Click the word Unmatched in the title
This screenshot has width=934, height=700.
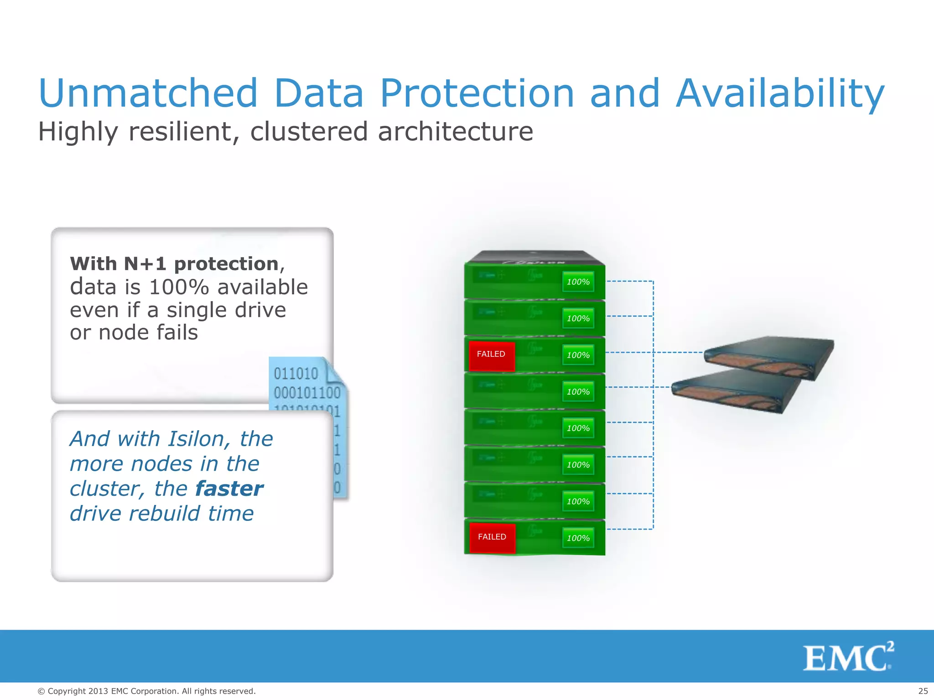pos(148,93)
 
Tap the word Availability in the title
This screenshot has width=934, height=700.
pos(780,93)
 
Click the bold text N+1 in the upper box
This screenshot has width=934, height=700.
pos(146,264)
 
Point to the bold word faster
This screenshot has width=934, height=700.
pos(229,489)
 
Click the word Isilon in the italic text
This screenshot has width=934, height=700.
pos(196,439)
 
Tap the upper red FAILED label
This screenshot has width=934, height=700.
pos(491,355)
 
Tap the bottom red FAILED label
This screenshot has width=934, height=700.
pos(492,537)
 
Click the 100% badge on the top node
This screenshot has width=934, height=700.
pos(578,282)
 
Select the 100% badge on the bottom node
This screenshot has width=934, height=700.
pos(578,538)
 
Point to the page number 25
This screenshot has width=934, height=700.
pos(923,691)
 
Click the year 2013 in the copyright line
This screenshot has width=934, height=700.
pos(98,691)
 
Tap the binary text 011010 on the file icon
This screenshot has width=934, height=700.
pos(296,374)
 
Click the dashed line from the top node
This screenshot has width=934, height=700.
pos(629,281)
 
